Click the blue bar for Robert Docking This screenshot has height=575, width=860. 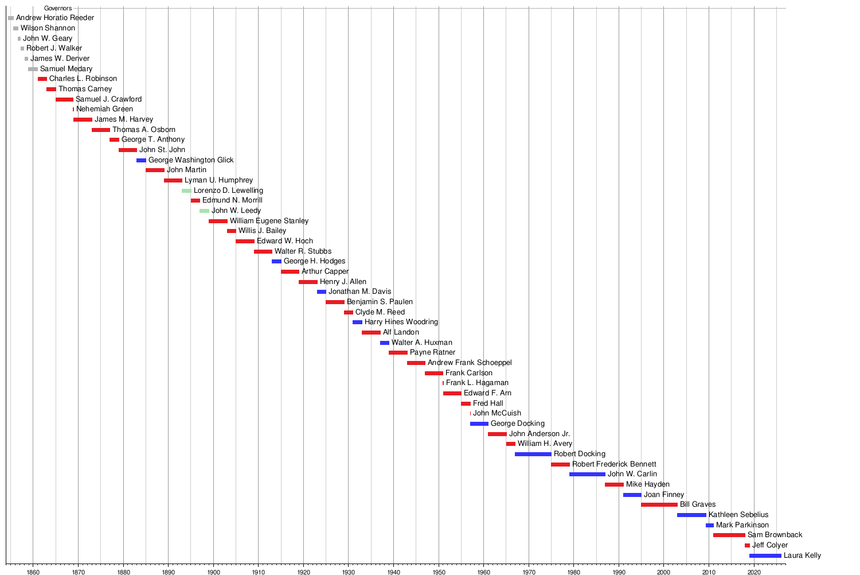[533, 454]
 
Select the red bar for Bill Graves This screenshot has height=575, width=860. [659, 504]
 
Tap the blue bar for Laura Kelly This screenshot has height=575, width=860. [765, 555]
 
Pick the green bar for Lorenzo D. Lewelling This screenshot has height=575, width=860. [186, 191]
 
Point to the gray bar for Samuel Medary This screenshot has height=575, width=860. [33, 69]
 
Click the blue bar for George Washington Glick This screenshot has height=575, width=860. [141, 160]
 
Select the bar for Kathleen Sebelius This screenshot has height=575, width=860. [691, 515]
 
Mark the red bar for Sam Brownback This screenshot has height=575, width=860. [729, 535]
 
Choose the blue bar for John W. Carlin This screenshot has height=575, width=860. [587, 474]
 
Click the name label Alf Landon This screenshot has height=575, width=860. [401, 332]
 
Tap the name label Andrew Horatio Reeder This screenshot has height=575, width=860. [55, 18]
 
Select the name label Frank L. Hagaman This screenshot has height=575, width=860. [477, 383]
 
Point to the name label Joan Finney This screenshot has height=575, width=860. [664, 495]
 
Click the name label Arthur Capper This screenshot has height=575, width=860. [325, 271]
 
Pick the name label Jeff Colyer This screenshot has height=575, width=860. [770, 545]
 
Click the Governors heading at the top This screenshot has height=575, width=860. [58, 9]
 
